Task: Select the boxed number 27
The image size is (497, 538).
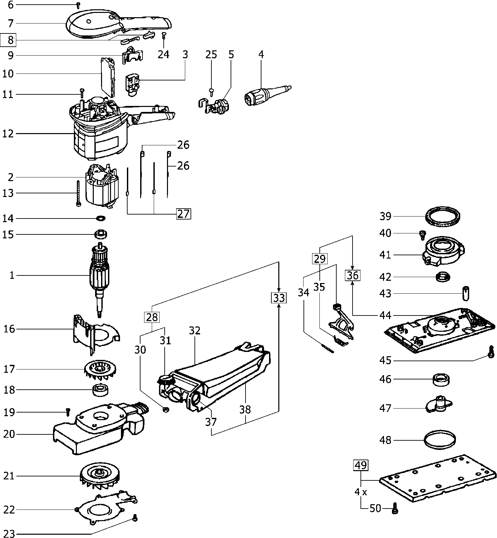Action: tap(183, 214)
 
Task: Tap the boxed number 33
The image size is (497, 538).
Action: tap(279, 298)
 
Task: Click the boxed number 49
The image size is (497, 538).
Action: tap(361, 465)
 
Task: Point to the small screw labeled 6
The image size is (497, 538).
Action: tap(79, 5)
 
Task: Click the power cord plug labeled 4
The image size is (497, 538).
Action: tap(265, 93)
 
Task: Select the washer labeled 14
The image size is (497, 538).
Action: tap(100, 219)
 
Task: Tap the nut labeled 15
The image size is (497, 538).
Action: tap(101, 234)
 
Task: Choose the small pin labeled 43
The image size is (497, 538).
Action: tap(467, 293)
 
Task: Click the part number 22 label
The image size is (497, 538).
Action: tap(9, 510)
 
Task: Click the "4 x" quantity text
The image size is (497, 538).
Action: tap(360, 492)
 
